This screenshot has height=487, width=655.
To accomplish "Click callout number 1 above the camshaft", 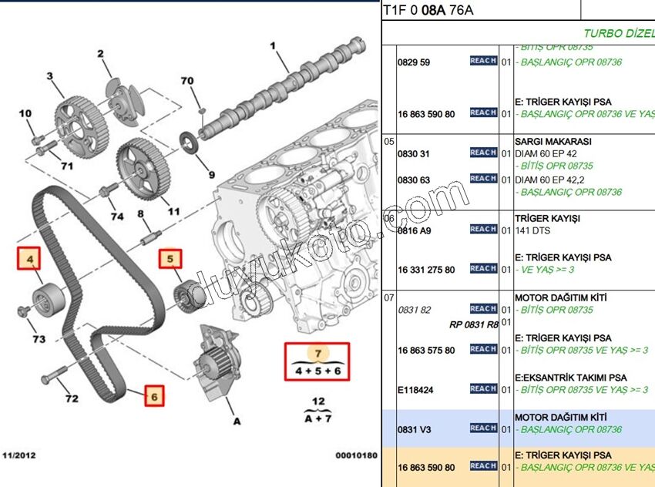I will (273, 46).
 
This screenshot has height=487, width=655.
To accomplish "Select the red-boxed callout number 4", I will (30, 260).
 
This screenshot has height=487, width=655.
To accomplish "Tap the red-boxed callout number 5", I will (171, 260).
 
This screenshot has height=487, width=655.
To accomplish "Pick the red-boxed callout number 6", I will (154, 396).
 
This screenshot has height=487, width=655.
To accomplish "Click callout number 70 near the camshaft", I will (187, 81).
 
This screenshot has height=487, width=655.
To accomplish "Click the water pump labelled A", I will (215, 365).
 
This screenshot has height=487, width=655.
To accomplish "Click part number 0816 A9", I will (414, 230).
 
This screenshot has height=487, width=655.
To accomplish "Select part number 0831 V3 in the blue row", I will (414, 428).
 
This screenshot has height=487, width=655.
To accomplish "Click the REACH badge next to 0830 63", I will (483, 179).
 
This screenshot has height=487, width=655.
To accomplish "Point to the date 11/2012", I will (18, 455).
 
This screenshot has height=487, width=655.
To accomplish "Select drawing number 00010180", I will (355, 455).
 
